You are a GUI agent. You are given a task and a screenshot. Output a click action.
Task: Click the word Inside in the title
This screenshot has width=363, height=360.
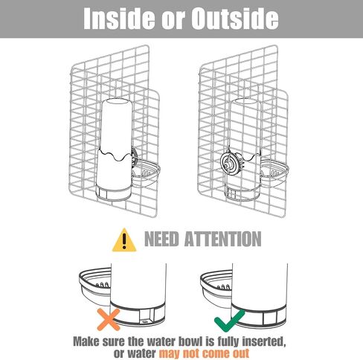[x=118, y=19]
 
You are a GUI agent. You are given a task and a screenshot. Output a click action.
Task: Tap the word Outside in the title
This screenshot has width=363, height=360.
[x=234, y=19]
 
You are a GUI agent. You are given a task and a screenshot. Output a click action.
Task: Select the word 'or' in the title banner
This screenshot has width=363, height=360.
[x=171, y=22]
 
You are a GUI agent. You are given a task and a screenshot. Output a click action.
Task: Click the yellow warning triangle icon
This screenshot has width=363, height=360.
[x=124, y=240]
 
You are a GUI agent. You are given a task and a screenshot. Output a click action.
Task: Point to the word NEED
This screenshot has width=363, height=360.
[x=161, y=239]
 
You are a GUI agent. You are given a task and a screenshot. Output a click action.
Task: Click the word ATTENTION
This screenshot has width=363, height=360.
[x=222, y=239]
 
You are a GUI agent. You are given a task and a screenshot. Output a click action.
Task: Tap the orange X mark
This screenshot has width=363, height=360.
[x=109, y=319]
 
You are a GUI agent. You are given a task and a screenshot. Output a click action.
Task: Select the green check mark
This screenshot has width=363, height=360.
[x=229, y=321]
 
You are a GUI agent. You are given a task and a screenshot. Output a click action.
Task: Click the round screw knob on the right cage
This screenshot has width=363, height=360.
[x=230, y=162]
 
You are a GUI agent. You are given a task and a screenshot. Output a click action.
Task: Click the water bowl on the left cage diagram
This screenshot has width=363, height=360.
[x=146, y=173]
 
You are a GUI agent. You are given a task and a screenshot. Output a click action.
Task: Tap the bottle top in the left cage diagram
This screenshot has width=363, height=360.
[x=117, y=102]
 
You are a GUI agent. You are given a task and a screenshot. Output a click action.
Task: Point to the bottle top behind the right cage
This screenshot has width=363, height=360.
[x=245, y=101]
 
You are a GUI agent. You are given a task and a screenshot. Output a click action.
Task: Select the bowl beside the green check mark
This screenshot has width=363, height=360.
[x=216, y=288]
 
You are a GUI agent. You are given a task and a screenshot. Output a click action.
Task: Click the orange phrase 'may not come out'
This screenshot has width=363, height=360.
[x=204, y=353]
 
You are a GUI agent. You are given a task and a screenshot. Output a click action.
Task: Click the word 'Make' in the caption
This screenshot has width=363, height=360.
[x=86, y=341]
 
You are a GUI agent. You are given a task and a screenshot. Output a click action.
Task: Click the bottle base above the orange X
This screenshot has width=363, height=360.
[x=138, y=314]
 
